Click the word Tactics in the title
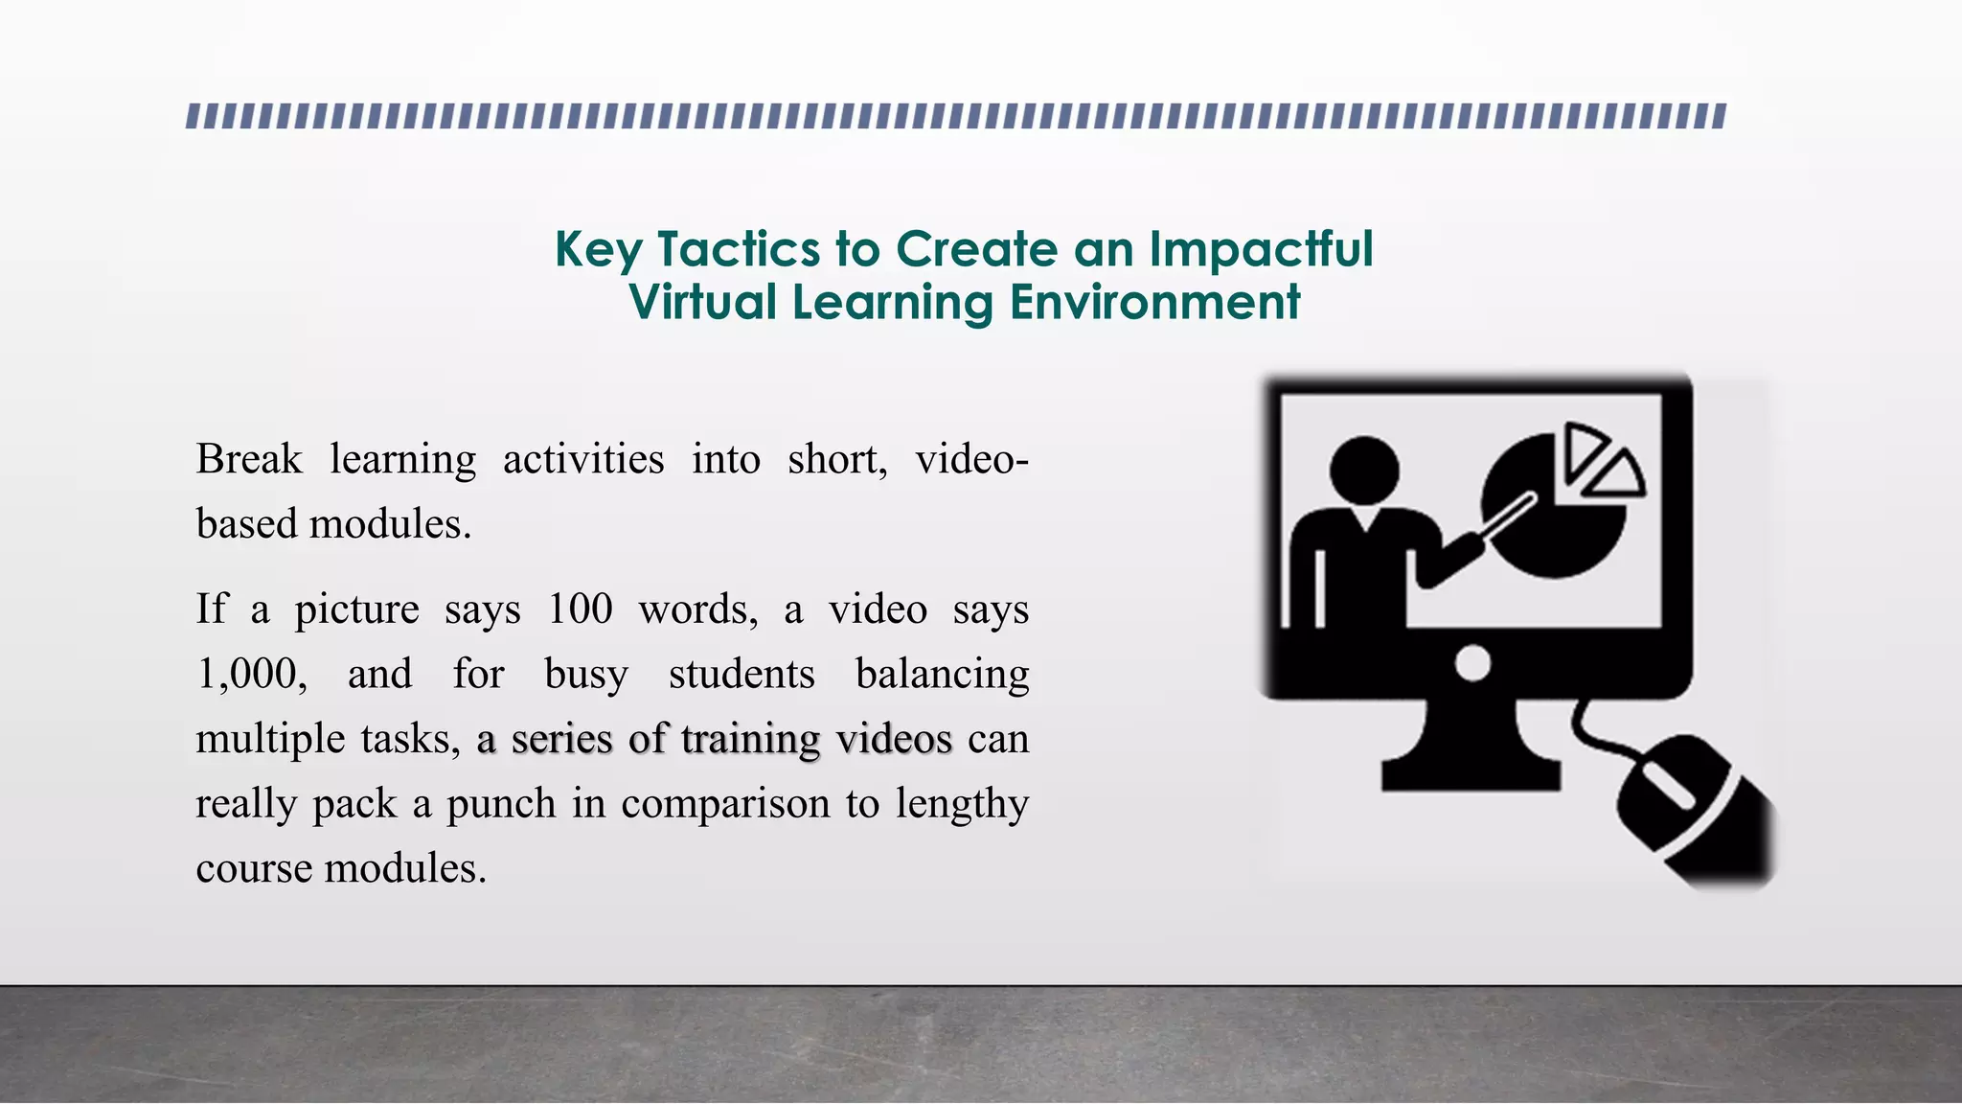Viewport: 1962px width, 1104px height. [739, 249]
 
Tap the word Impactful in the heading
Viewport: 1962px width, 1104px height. [1261, 249]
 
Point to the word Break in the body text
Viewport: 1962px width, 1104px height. [249, 459]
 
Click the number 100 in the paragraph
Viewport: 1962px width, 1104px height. [580, 609]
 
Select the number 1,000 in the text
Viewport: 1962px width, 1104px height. [251, 675]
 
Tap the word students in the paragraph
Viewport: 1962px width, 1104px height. [741, 675]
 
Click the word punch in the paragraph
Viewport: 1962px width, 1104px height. [501, 804]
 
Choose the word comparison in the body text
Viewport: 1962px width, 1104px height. [726, 804]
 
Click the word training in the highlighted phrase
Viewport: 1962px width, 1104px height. [751, 739]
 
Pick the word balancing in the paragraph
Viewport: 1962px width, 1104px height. [942, 675]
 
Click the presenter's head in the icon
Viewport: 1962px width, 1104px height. [1364, 471]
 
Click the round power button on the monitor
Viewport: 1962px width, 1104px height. [1472, 663]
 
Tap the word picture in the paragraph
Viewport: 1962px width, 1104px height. [356, 609]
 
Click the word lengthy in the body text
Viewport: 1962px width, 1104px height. [962, 804]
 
